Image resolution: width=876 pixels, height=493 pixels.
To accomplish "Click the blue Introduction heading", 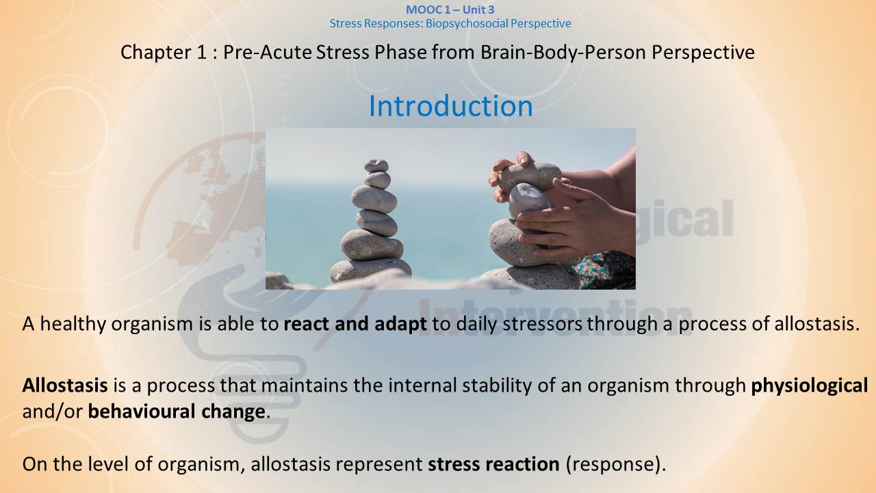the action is [x=450, y=106].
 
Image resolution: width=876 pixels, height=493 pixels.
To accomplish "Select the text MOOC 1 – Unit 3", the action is [x=450, y=10].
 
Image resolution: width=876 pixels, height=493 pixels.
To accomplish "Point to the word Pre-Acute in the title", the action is [x=268, y=53].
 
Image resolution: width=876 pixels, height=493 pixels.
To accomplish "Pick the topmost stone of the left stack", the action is [x=376, y=166].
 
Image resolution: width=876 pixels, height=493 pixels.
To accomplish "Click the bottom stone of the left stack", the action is [x=370, y=270].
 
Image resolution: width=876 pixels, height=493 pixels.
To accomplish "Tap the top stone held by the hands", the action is [x=530, y=176].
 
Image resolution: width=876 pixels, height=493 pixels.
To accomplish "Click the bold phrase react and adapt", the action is [x=355, y=324].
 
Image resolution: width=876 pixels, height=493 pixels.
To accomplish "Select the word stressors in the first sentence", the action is [x=542, y=324].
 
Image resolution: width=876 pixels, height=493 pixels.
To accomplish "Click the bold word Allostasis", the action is [x=65, y=385].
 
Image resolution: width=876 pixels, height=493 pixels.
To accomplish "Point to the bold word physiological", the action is [x=810, y=386].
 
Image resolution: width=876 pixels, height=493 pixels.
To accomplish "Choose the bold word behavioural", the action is [x=142, y=412].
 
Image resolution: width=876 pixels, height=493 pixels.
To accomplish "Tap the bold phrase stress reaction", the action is [x=493, y=464].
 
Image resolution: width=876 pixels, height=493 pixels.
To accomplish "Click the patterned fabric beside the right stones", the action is [x=606, y=270].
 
